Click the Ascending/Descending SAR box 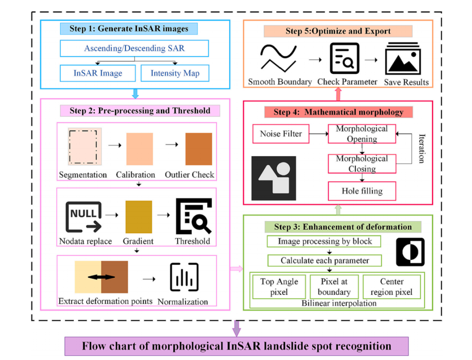(134, 48)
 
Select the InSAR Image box (98, 73)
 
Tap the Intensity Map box (175, 73)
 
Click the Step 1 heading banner (129, 28)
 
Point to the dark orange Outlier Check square (199, 149)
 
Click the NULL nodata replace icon (83, 217)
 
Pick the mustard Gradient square (139, 217)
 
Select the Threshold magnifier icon (194, 216)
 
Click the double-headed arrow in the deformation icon (101, 277)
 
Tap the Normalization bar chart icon (184, 277)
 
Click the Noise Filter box (281, 134)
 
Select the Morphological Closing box (362, 164)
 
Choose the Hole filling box (362, 191)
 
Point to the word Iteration (422, 149)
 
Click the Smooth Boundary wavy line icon (278, 58)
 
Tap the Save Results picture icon (403, 59)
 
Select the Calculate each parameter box (325, 260)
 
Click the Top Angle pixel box (279, 287)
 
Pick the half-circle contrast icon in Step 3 (410, 252)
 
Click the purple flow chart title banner (236, 346)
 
